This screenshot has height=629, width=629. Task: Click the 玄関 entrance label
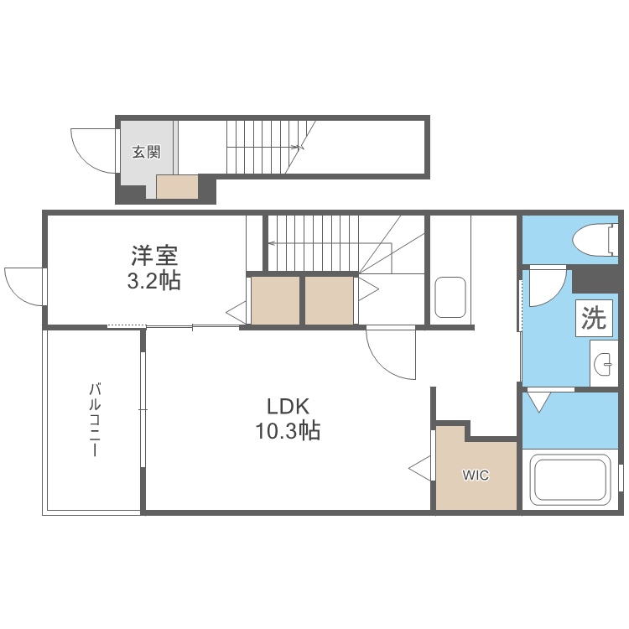pyautogui.click(x=146, y=153)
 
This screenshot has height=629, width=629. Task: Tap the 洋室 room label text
pyautogui.click(x=153, y=253)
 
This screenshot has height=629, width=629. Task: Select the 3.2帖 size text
pyautogui.click(x=153, y=281)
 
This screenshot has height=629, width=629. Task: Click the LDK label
pyautogui.click(x=289, y=407)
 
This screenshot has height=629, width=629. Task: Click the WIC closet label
pyautogui.click(x=476, y=476)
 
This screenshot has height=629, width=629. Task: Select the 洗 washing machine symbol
pyautogui.click(x=593, y=319)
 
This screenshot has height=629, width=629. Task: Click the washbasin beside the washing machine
pyautogui.click(x=603, y=365)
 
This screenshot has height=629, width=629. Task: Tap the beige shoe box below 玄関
pyautogui.click(x=177, y=187)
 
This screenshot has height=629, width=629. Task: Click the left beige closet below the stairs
pyautogui.click(x=275, y=299)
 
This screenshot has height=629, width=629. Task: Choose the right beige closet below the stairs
pyautogui.click(x=329, y=299)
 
